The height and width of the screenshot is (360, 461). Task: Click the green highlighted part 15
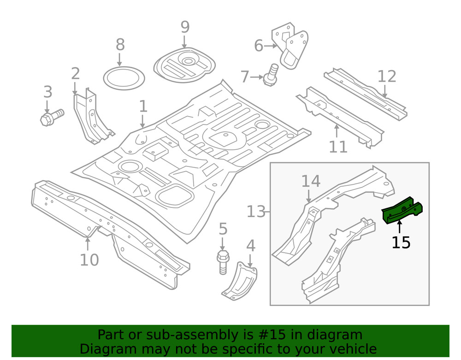coord(402,210)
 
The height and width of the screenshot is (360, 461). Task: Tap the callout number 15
coord(401,242)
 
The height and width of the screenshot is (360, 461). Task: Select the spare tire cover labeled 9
coord(184,64)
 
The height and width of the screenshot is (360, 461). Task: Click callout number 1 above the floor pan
coord(143,106)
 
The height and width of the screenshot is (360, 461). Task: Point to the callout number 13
coord(256,212)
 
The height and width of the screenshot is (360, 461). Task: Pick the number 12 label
coord(387,77)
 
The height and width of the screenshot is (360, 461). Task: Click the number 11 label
coord(338,147)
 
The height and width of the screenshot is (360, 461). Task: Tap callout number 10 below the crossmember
coord(89,260)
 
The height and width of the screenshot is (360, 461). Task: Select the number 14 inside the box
coord(311,181)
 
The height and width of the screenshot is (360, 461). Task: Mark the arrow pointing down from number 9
coord(184,42)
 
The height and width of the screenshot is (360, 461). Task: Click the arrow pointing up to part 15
coord(399,227)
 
